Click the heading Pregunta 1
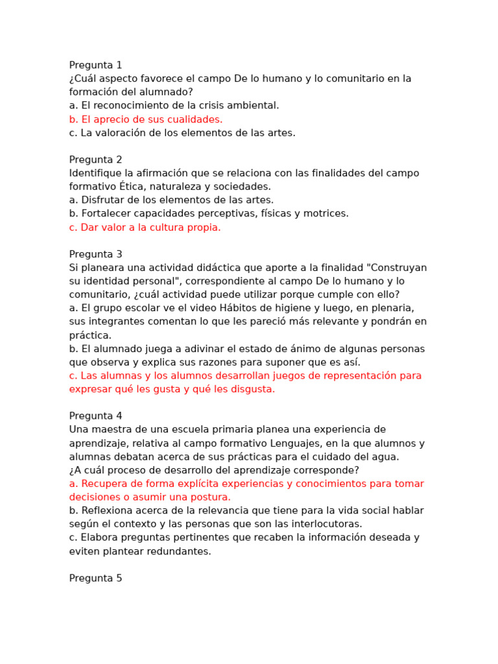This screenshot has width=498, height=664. (95, 65)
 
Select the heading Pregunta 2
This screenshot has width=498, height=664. (95, 160)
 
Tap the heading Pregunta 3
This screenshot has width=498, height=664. (95, 254)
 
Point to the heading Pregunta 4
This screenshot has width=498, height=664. (95, 416)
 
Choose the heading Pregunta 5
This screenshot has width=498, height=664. (95, 578)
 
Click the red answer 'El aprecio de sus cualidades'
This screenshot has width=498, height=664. (146, 119)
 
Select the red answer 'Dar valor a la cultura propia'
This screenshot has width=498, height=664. (145, 227)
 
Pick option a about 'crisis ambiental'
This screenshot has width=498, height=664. (174, 105)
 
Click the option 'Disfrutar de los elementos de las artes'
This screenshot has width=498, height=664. (171, 200)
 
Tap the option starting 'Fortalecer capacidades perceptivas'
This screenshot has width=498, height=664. (209, 213)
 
